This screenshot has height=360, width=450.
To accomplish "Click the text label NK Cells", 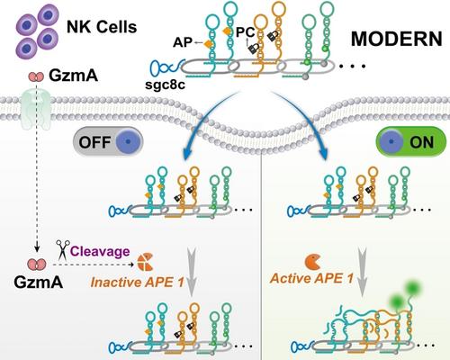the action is pos(102,27).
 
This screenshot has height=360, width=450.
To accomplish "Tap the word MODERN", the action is pos(397,39).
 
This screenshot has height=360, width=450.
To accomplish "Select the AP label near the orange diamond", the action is pos(183,42).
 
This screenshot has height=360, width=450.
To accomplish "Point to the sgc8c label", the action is pos(165,85).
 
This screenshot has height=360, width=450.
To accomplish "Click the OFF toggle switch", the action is pos(108,142).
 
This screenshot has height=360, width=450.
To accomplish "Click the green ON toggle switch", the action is pos(411,141).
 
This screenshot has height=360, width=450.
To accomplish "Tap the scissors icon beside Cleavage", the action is pos(63,249).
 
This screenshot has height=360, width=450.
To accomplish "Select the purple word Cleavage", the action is pos(100,251).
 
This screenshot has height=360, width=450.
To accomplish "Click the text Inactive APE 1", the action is pos(137,283).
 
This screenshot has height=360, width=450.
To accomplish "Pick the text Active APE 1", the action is pos(311,278).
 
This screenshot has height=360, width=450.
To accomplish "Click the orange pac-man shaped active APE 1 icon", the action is pos(312,262).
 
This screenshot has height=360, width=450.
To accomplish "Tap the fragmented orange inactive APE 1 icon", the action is pos(146,262).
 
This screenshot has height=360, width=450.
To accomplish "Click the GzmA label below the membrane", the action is pos(39,282).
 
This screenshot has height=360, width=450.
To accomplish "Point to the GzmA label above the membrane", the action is pos(74,76).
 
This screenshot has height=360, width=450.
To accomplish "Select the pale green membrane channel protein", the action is pos(36,110).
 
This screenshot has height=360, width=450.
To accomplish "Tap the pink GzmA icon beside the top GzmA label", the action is pos(36,76).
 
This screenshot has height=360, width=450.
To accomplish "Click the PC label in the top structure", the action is pos(245,32).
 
